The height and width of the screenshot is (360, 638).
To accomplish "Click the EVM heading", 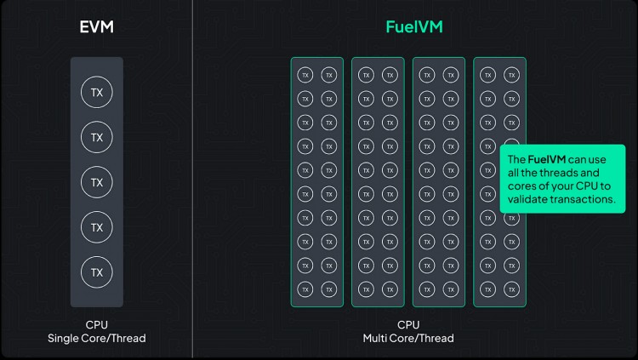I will [96, 27].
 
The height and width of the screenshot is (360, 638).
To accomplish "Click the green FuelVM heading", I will [413, 27].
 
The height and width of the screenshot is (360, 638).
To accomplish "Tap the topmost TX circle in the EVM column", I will [97, 92].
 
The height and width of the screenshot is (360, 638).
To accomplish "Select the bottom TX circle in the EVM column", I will [97, 272].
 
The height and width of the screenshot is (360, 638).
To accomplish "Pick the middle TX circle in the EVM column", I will [97, 182].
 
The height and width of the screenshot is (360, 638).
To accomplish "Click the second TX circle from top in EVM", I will [97, 137].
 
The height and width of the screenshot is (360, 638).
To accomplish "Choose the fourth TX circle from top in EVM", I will [97, 227].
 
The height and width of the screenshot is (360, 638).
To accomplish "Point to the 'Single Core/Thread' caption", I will [97, 339].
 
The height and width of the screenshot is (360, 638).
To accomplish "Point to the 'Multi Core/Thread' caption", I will [408, 339].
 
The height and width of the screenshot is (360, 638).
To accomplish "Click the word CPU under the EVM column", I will [97, 325].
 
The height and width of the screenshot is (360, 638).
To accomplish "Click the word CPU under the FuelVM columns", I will [408, 325].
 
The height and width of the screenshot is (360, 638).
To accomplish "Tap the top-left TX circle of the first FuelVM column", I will [305, 75].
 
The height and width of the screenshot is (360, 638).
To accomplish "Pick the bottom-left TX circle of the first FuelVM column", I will [305, 289].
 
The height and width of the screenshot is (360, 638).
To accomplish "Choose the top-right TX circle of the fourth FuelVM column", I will [511, 75].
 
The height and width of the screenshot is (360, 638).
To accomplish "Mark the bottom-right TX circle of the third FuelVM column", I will [451, 289].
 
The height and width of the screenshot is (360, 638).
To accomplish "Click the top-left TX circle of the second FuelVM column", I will [366, 75].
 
